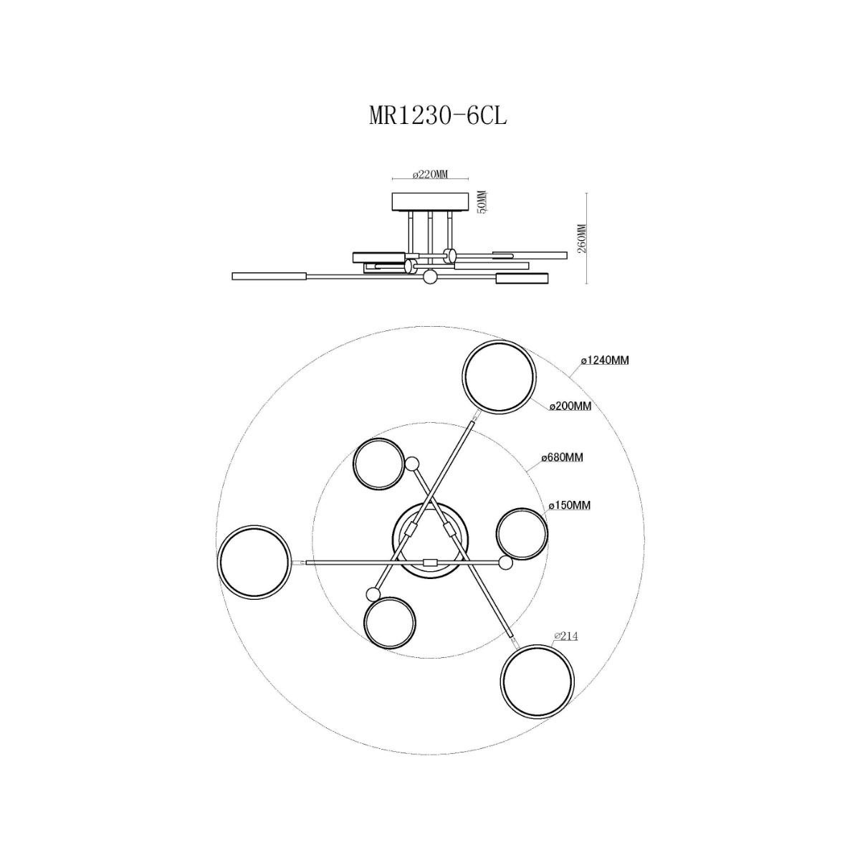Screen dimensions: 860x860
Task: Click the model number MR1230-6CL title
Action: pos(438,117)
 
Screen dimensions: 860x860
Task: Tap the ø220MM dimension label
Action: pos(430,174)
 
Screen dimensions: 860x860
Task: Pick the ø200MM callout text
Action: pos(570,406)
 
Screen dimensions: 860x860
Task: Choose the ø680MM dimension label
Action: pos(562,457)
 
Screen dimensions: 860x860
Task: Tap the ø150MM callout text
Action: pos(570,505)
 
